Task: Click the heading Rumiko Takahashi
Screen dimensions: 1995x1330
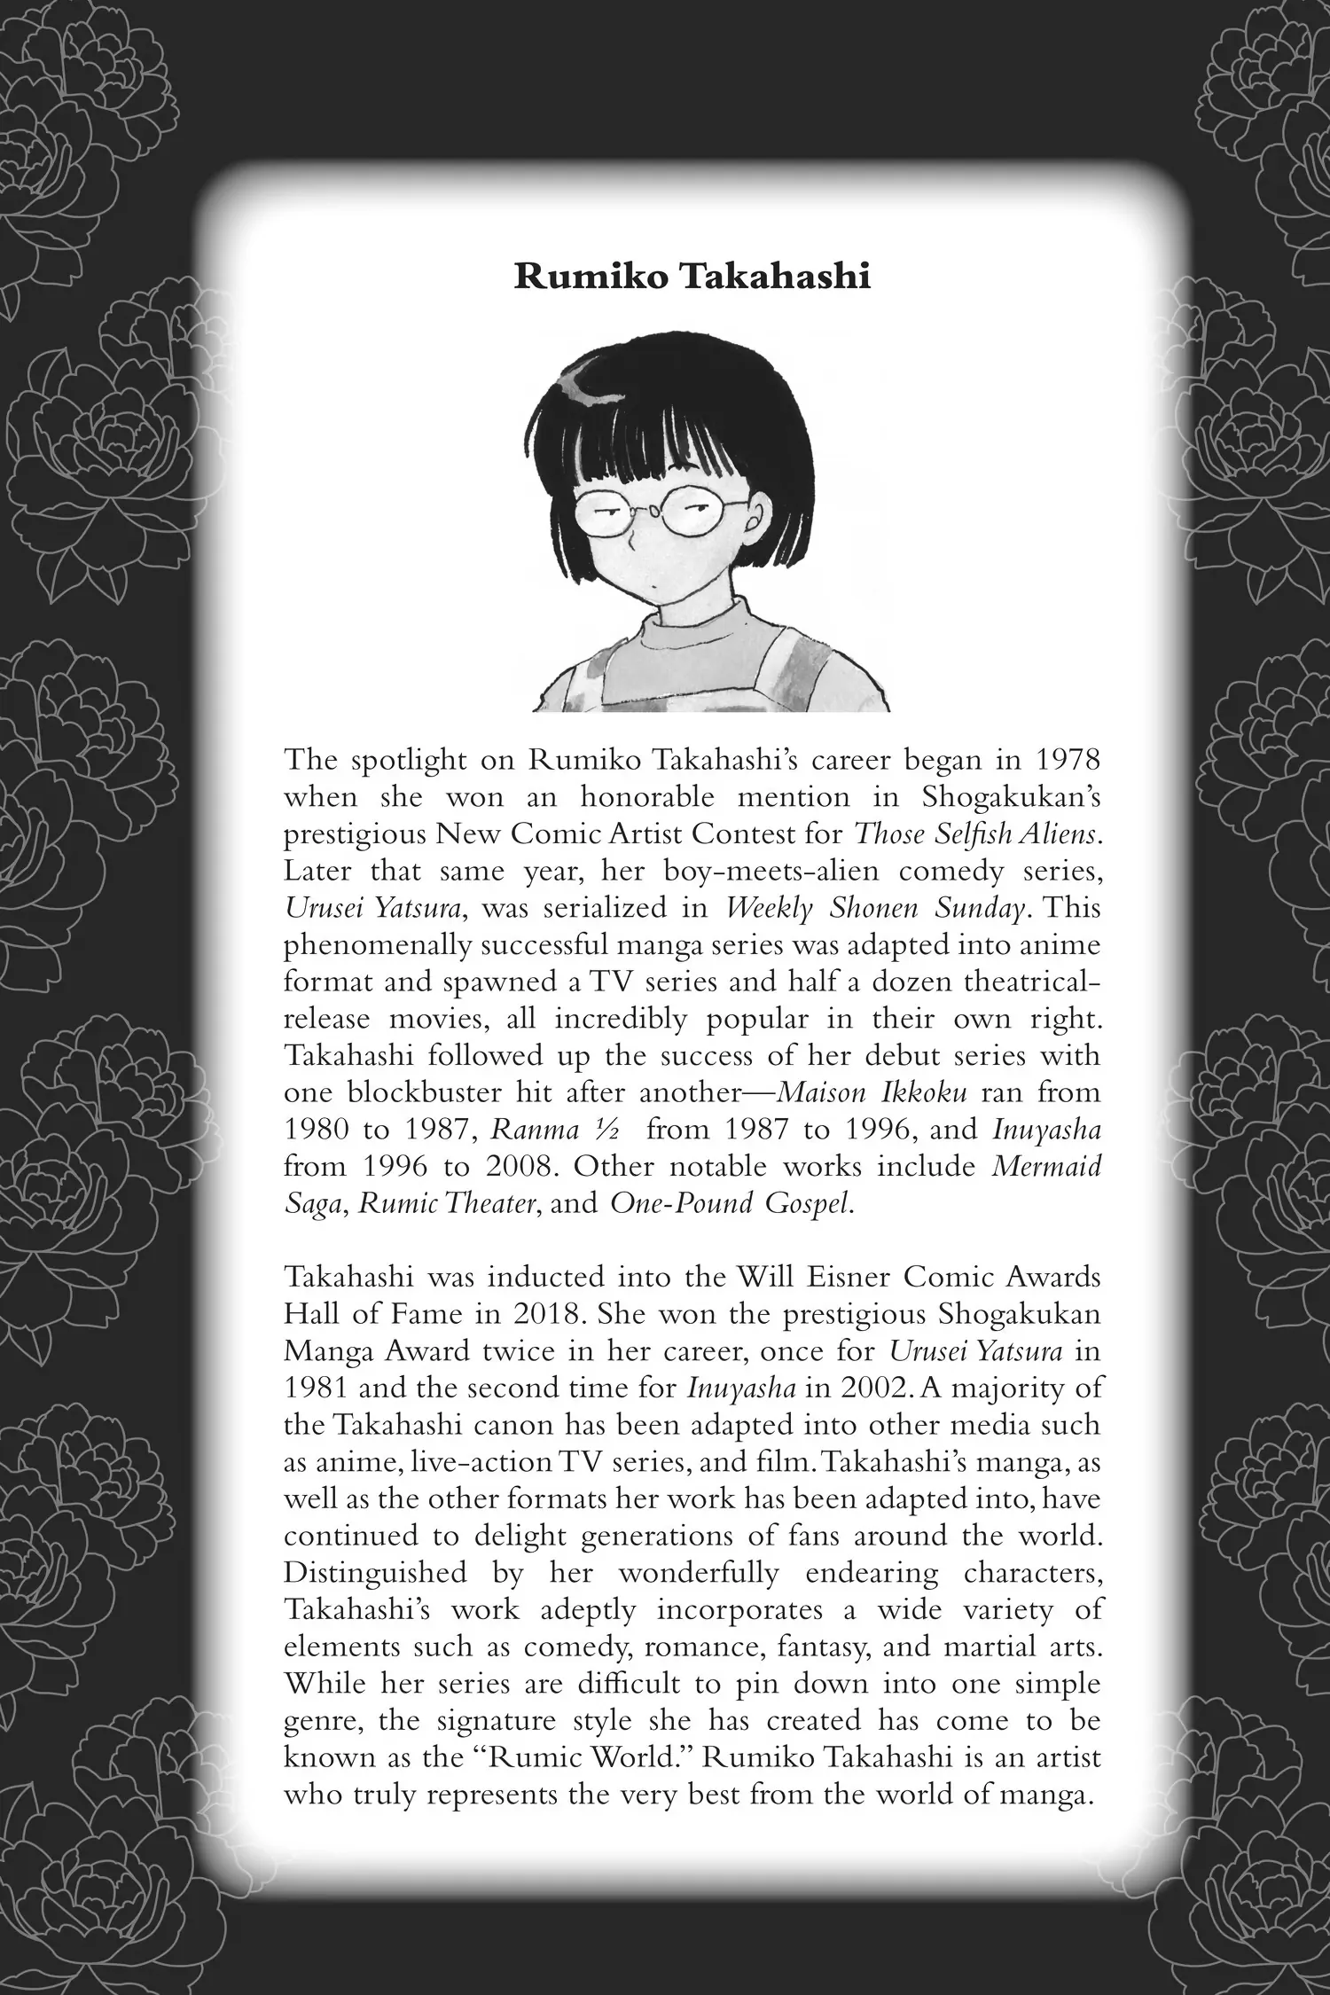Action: click(x=692, y=277)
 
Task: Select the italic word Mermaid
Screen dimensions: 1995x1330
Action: click(x=1046, y=1166)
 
